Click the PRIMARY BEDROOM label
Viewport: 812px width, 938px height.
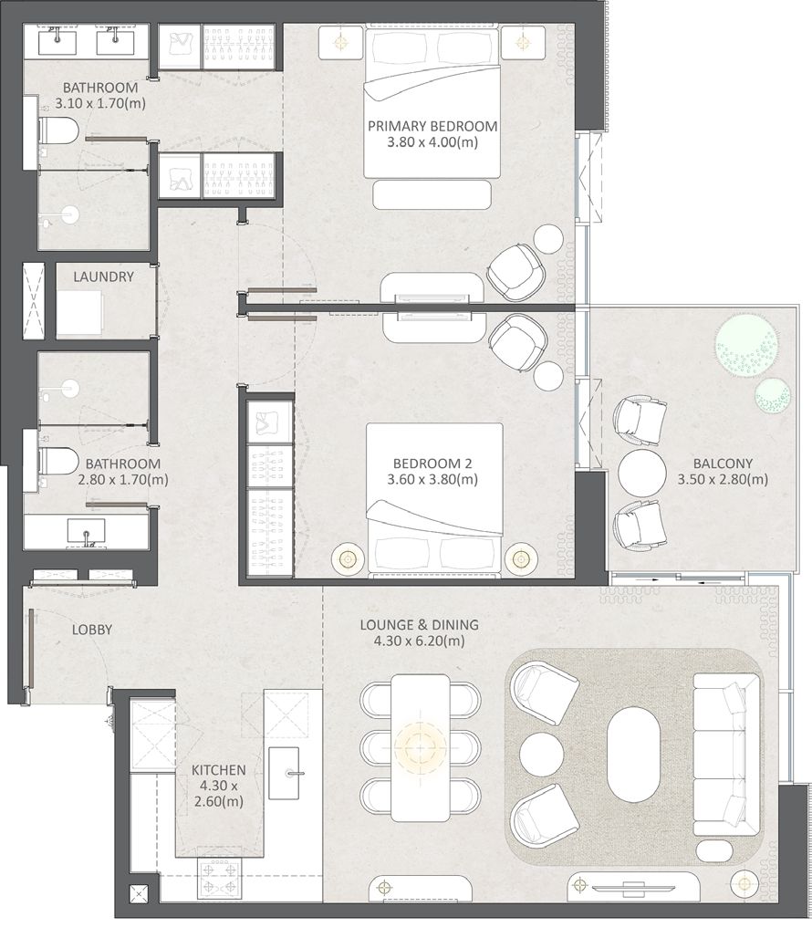(x=432, y=126)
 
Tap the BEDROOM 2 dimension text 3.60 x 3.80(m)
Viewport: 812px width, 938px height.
(x=432, y=479)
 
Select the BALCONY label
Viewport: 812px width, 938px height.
(x=723, y=463)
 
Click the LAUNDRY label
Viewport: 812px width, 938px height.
(x=103, y=277)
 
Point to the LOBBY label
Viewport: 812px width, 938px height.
(x=92, y=630)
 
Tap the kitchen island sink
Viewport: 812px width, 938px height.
(x=284, y=773)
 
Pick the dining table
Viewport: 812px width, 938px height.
(x=421, y=748)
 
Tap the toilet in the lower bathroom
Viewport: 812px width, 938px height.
(x=57, y=461)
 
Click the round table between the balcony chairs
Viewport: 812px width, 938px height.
(x=641, y=473)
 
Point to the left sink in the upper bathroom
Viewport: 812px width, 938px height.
(x=57, y=43)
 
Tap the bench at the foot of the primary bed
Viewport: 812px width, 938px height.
(x=432, y=195)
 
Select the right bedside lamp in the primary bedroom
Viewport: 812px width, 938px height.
(x=523, y=43)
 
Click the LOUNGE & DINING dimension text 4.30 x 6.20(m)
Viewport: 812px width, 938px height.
(x=419, y=641)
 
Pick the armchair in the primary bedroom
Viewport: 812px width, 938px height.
(x=516, y=272)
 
